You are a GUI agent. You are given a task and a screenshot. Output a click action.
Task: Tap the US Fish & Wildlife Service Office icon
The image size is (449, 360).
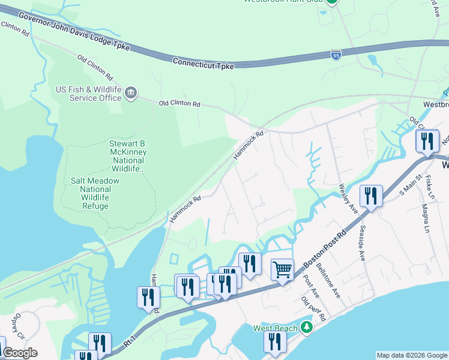point(130,93)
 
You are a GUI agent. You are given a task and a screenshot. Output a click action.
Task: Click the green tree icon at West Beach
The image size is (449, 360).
point(307,328)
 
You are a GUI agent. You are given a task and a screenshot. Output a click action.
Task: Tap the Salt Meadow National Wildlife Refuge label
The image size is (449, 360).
point(95,193)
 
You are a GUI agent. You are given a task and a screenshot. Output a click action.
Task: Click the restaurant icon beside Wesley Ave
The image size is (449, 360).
point(371,196)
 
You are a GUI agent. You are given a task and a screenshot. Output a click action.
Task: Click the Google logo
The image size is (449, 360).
point(20,353)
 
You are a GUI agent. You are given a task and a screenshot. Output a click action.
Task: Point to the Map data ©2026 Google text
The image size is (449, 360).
point(411,355)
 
